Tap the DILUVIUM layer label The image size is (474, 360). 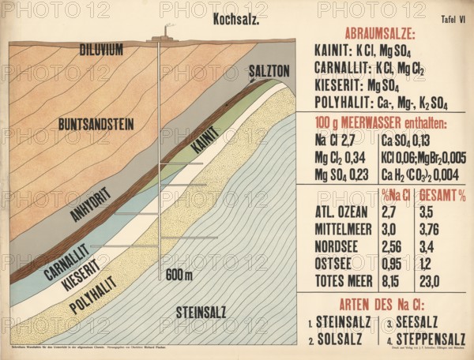coord(101,50)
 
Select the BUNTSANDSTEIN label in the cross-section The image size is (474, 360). coord(96,124)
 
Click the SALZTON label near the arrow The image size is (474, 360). coord(269,71)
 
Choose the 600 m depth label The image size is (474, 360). coord(179,275)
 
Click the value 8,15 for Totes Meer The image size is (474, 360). coord(390,280)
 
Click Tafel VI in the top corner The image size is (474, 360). coord(450,17)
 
